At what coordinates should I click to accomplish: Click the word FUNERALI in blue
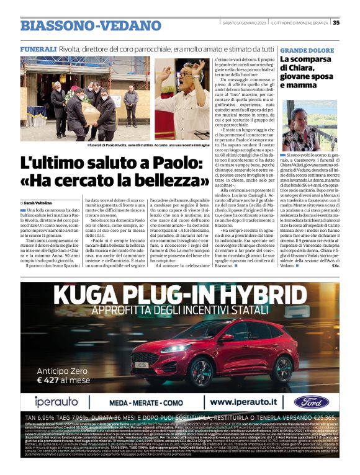(38, 48)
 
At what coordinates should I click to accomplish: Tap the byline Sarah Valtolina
(40, 203)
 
